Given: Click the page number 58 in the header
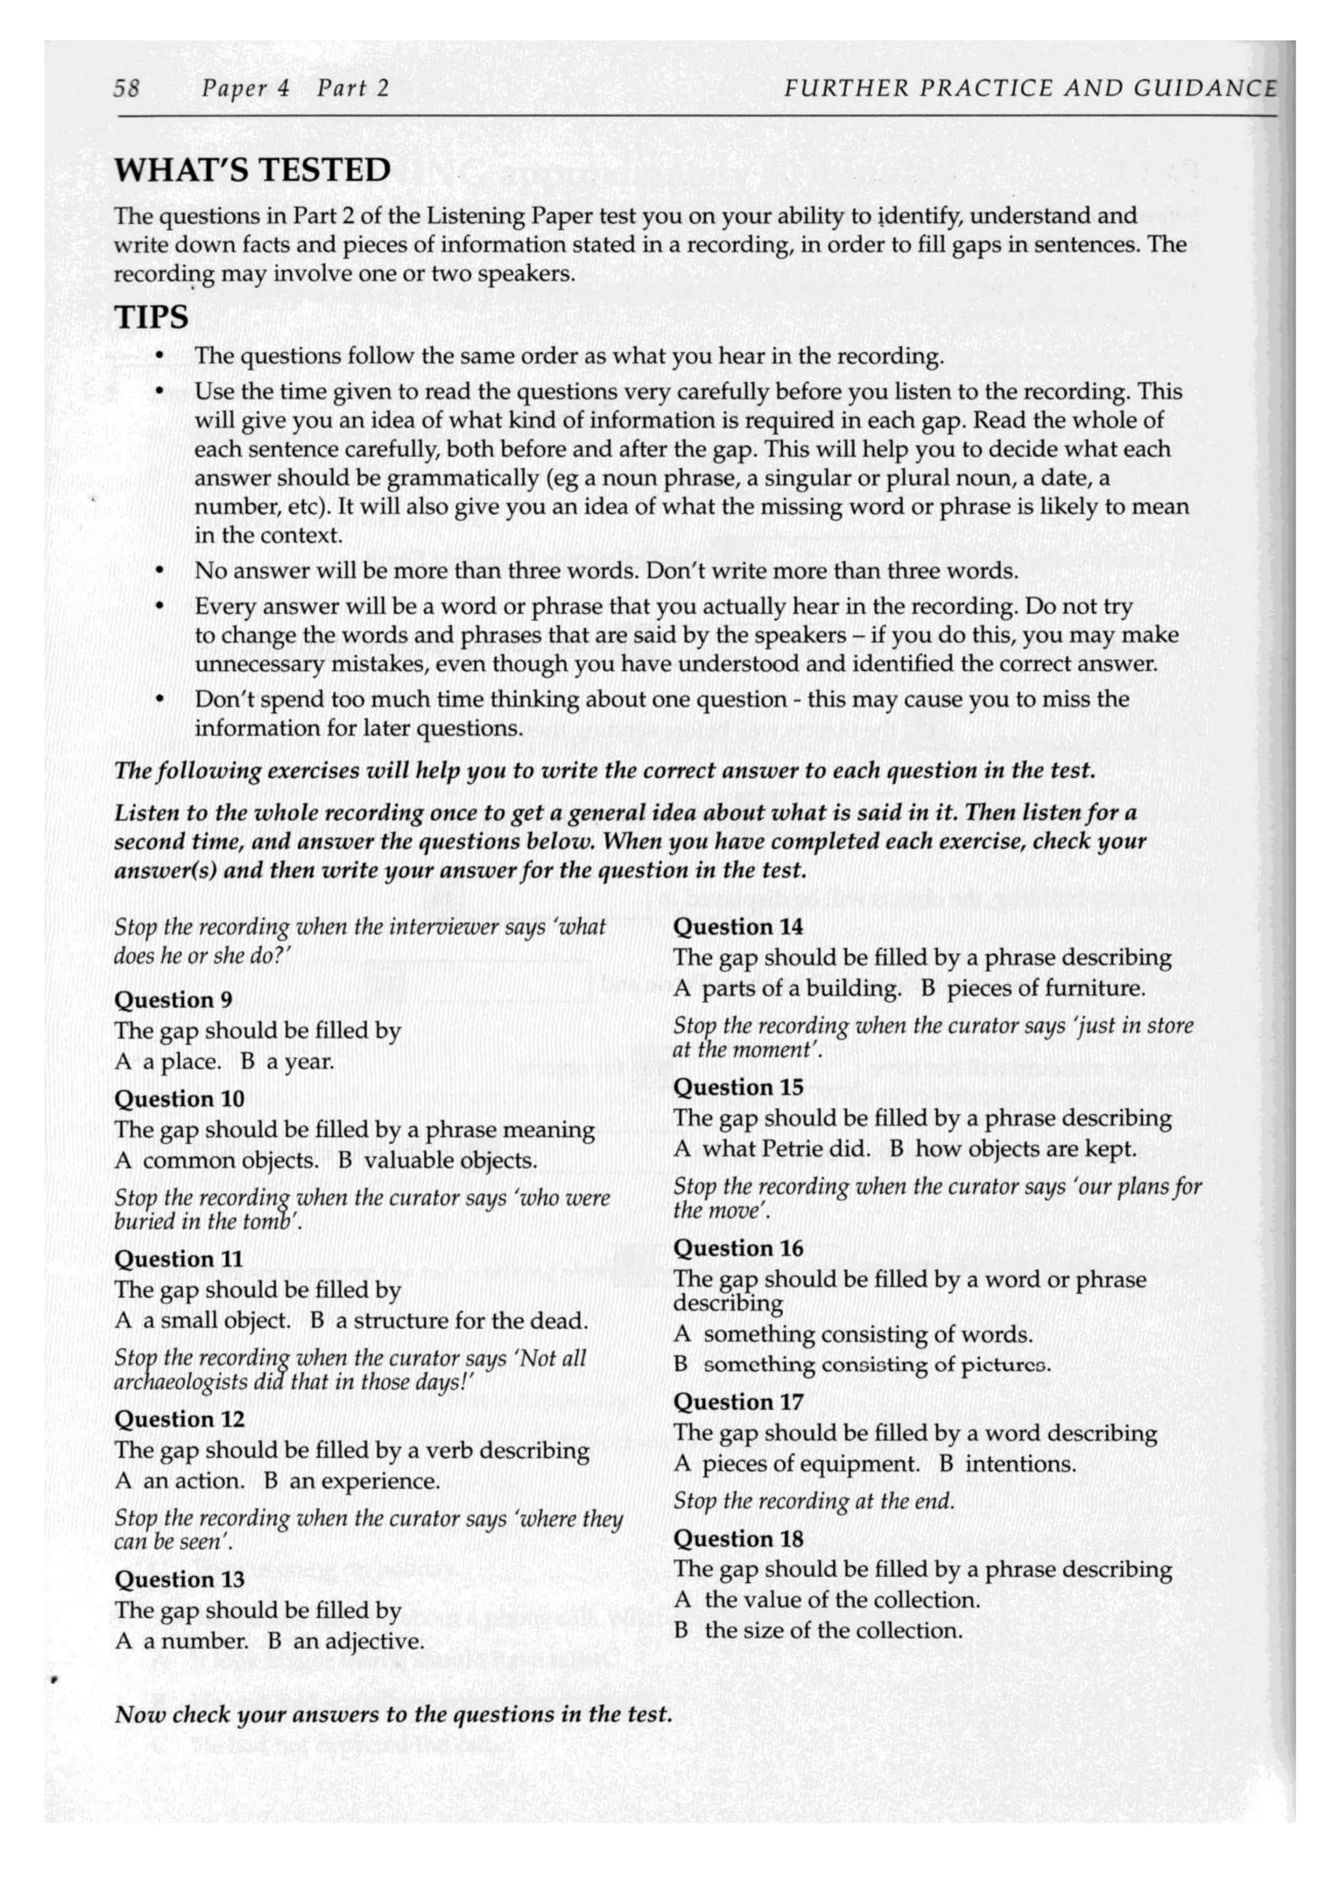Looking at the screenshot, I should click(126, 88).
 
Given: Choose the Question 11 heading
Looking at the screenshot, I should click(178, 1258).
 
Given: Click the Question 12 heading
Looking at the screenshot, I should click(180, 1418).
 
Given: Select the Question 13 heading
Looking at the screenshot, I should click(180, 1579).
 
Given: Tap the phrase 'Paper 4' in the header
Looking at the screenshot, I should click(245, 88).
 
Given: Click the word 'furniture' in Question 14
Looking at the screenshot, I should click(1093, 988).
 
